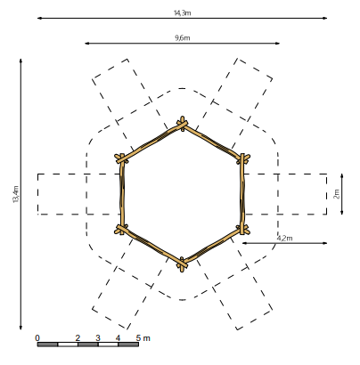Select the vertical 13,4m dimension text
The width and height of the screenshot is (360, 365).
[15, 195]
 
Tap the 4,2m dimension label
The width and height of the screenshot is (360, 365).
[284, 238]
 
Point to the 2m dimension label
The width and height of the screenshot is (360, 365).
[337, 193]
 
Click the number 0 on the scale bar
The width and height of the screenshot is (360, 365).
[37, 337]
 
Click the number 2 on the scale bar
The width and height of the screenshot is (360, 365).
[78, 337]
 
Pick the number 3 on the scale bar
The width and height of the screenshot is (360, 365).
[98, 337]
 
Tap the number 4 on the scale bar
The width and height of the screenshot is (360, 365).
[119, 337]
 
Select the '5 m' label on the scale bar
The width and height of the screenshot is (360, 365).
[143, 337]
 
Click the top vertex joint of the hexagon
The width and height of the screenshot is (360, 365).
[182, 124]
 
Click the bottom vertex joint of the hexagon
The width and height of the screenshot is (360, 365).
[182, 263]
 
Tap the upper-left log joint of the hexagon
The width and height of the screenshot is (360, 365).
[121, 158]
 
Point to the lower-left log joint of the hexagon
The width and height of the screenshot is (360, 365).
[121, 229]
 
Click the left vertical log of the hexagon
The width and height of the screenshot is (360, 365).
[121, 194]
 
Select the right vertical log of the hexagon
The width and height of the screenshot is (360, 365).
[241, 194]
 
